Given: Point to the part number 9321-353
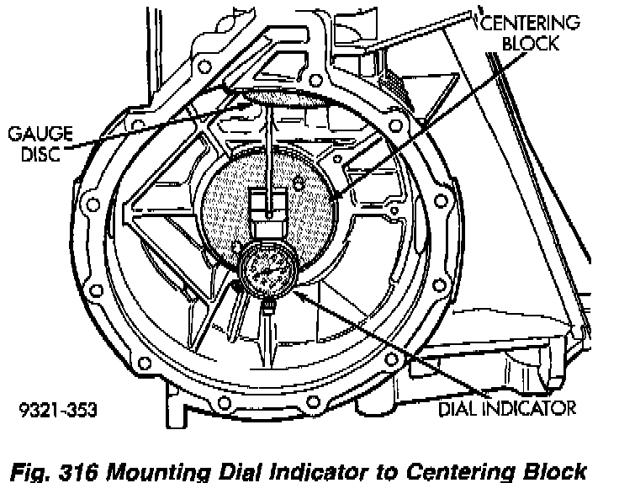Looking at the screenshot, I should pos(57,411).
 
